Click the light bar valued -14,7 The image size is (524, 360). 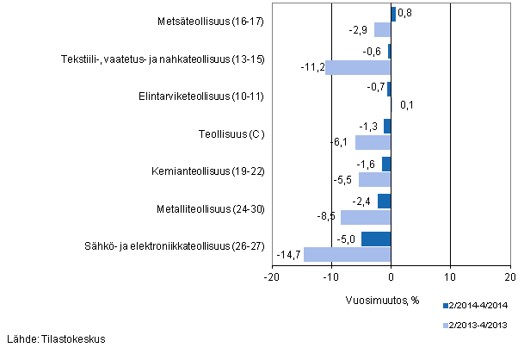coord(347,255)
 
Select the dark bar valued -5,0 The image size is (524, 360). coord(376,239)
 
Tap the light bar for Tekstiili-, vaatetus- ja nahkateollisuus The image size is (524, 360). coord(357,67)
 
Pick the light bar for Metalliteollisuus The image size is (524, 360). coord(366,217)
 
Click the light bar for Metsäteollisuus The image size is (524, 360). coord(382,30)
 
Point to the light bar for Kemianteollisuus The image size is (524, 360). coord(374,180)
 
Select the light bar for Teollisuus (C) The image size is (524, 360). coord(373,142)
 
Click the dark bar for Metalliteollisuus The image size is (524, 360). coord(384,202)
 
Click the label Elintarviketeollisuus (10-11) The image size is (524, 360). coord(211,96)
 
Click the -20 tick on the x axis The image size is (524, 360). coord(271,278)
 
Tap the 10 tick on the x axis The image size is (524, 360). coord(450,278)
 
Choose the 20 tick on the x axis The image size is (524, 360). coord(509,278)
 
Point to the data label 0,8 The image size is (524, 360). coord(404,13)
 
